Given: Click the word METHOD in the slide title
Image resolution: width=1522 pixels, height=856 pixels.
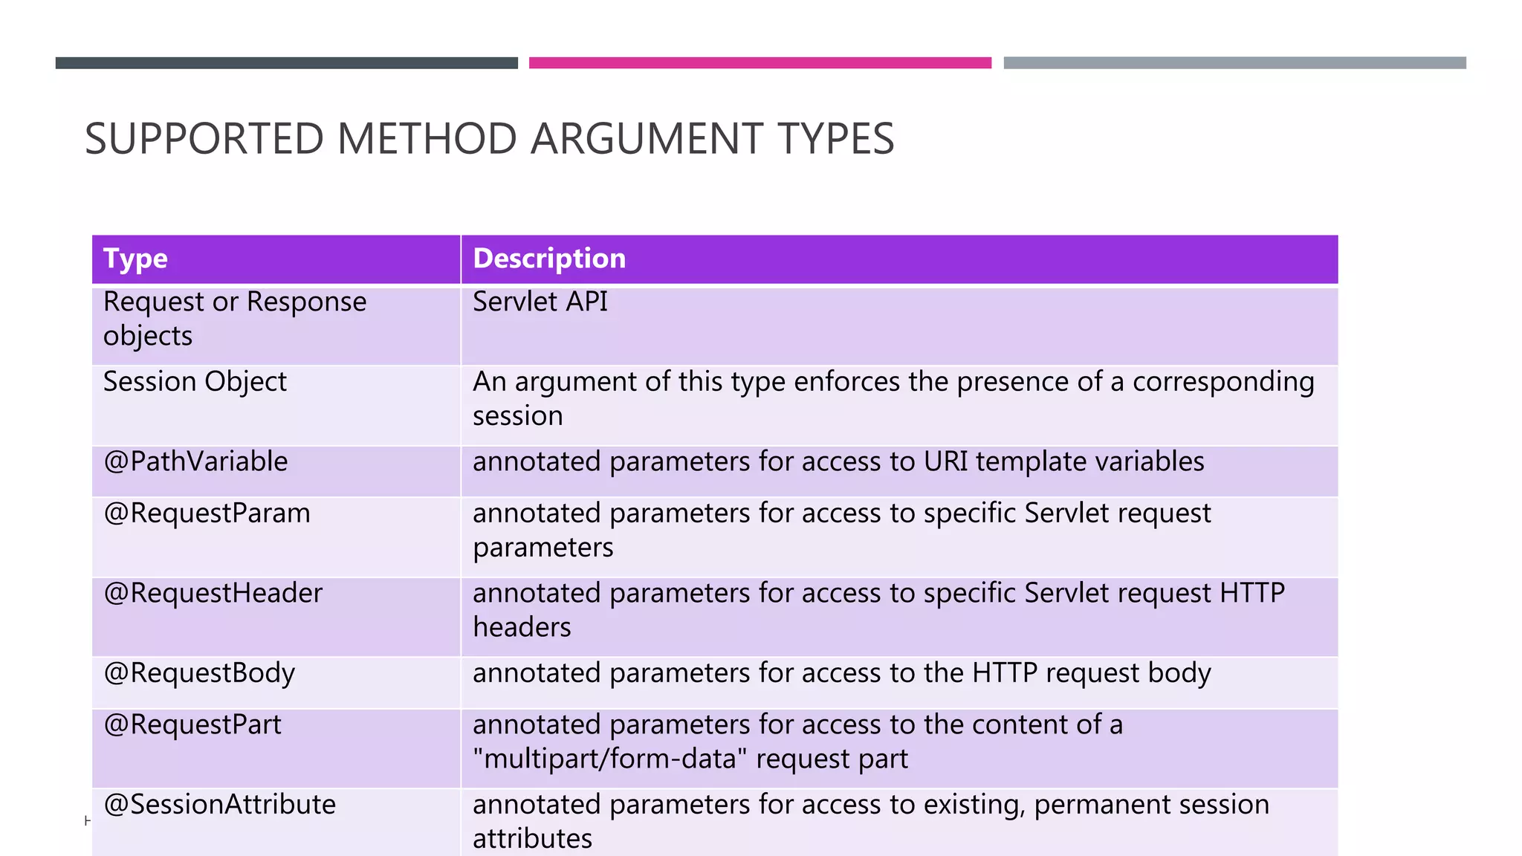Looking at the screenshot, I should (x=427, y=139).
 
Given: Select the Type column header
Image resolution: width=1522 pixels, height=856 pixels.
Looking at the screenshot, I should (x=135, y=259).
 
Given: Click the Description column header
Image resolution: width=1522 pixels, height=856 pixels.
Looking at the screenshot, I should (x=549, y=259).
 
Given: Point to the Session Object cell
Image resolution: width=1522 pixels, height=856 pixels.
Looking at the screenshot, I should (x=195, y=382).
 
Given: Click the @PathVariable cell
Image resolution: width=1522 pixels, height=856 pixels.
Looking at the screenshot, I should (x=195, y=462).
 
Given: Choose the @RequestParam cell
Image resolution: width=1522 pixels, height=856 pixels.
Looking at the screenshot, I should (x=207, y=513).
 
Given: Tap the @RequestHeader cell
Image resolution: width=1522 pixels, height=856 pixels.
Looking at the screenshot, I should (x=213, y=594).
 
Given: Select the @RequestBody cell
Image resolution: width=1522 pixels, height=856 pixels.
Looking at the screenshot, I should (x=199, y=673).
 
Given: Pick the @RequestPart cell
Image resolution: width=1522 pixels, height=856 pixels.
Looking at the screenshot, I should (x=192, y=725).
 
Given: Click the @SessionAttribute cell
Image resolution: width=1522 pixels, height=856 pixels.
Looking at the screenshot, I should (x=219, y=805).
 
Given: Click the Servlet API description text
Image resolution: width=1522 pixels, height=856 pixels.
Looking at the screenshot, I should (x=540, y=302).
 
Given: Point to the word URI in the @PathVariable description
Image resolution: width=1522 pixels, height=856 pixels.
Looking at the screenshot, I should (x=945, y=462).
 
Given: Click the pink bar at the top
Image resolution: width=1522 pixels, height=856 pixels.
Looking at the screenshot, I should (x=760, y=63).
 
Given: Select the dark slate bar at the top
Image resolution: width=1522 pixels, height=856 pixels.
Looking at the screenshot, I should (x=286, y=63).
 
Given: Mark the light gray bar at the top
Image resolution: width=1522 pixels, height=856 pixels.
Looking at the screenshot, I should (x=1234, y=63).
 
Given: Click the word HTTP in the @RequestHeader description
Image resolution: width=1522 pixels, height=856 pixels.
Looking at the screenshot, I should (x=1252, y=594).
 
